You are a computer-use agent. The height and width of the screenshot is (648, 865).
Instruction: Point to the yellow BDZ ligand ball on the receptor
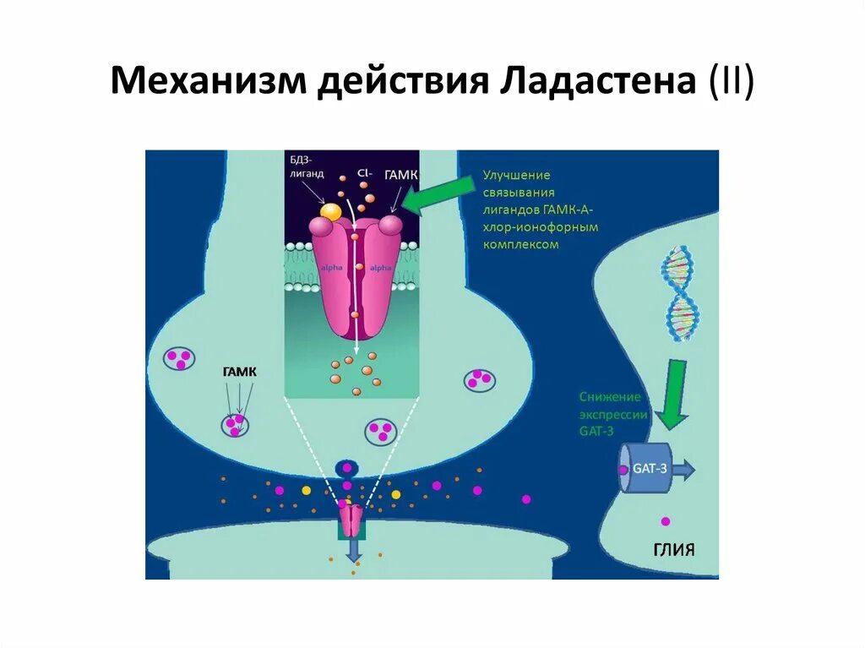pos(331,212)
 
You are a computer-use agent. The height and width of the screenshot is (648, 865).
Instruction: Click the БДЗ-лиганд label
pos(306,166)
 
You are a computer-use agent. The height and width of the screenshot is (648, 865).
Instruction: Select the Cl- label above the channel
pos(364,172)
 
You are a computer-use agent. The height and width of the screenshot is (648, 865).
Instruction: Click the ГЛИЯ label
pos(673,550)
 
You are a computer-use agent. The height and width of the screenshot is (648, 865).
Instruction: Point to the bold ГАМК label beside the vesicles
pos(239,371)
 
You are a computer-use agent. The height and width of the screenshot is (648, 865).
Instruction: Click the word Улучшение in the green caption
pos(516,174)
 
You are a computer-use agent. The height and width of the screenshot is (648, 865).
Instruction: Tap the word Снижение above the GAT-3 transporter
pos(610,396)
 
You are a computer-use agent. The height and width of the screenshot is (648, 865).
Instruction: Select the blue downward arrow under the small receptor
pos(351,550)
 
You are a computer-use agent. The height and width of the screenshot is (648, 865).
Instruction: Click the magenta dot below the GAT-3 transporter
pos(665,520)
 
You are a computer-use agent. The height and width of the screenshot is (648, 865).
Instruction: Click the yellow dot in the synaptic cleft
pos(306,490)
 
